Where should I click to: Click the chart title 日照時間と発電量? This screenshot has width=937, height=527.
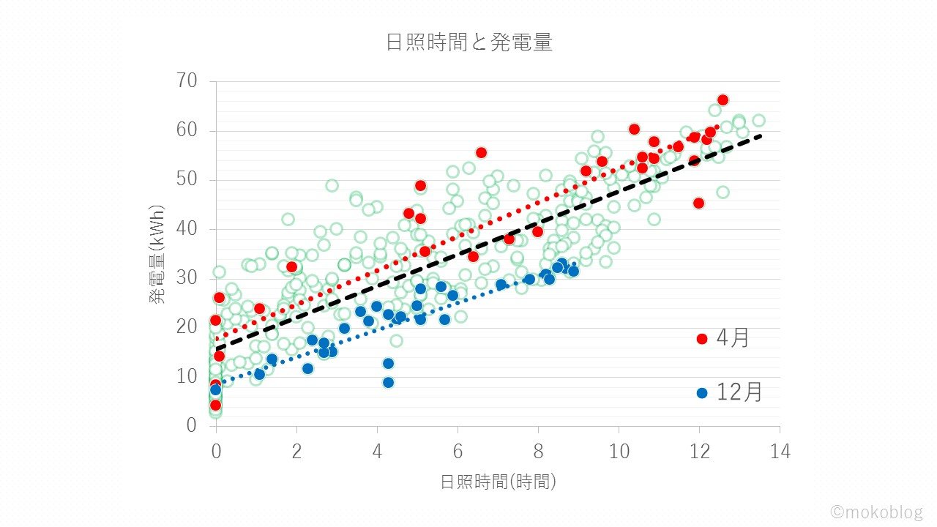coord(468,42)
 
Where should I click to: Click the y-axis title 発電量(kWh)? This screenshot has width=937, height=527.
coord(157,253)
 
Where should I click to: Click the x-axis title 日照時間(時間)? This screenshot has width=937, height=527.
coord(498,482)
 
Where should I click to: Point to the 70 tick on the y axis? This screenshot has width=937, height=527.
coord(187,81)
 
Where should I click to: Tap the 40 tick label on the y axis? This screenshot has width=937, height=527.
coord(187,229)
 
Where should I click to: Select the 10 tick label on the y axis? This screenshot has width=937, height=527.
coord(187,376)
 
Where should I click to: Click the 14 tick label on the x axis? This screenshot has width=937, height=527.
coord(780,452)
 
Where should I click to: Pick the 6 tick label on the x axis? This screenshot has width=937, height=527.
coord(458,452)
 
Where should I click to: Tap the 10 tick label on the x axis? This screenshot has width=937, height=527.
coord(619,452)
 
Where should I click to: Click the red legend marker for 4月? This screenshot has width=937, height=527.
coord(702,339)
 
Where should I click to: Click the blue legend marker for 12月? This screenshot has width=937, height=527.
coord(702,393)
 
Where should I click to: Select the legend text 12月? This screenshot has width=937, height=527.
coord(739,393)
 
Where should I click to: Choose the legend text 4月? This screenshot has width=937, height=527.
coord(733,339)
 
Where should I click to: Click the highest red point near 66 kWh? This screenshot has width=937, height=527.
coord(723,100)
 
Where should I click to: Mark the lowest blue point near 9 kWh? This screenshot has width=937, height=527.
coord(388,382)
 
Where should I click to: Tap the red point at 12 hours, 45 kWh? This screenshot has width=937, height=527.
coord(698,203)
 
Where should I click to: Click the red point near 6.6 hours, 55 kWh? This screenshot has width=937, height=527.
coord(481,153)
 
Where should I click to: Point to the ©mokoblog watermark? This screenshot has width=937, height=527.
coord(876,511)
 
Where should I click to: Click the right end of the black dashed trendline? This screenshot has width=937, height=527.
coord(761,135)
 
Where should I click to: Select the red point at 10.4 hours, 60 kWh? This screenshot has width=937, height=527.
coord(634,130)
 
